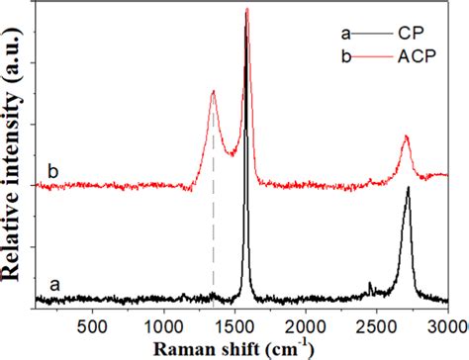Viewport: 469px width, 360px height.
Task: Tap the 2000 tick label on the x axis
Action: [306, 324]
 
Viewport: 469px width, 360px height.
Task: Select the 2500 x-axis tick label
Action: [377, 324]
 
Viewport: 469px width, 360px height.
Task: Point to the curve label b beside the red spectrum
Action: [53, 169]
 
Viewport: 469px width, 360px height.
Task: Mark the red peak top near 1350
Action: [214, 92]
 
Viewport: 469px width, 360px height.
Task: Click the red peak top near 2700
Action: [406, 137]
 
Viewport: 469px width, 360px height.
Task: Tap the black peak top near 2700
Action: [407, 188]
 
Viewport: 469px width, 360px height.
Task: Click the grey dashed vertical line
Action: [214, 227]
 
